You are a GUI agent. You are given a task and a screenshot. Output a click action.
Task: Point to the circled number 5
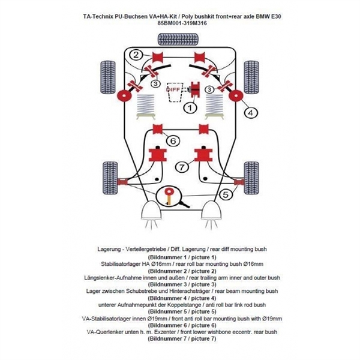pos(226,193)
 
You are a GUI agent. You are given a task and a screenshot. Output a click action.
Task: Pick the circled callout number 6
pos(172,140)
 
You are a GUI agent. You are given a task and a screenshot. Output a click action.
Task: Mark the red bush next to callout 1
pos(196,90)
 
